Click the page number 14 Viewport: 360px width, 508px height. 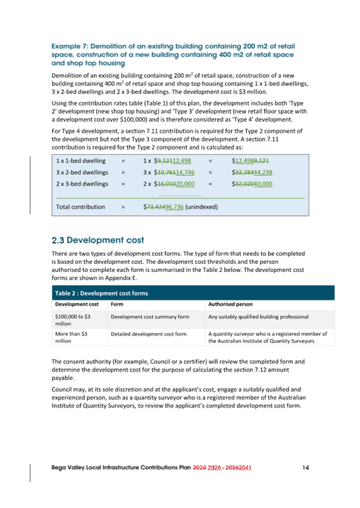pos(306,467)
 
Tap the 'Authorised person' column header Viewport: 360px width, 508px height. pos(230,304)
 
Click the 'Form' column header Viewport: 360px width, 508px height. pos(116,304)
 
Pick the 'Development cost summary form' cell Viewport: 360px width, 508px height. pos(150,317)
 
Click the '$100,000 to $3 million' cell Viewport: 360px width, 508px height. pos(73,320)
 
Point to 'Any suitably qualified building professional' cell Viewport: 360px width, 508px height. pos(259,317)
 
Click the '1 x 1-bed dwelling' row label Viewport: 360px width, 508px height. pos(81,160)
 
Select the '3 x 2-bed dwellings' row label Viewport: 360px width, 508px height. pos(82,172)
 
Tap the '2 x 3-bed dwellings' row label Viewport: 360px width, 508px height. pos(82,184)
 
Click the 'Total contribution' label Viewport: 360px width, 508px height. pos(81,207)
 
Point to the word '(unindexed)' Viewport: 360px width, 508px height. pos(202,207)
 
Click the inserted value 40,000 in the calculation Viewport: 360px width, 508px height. pos(261,184)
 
